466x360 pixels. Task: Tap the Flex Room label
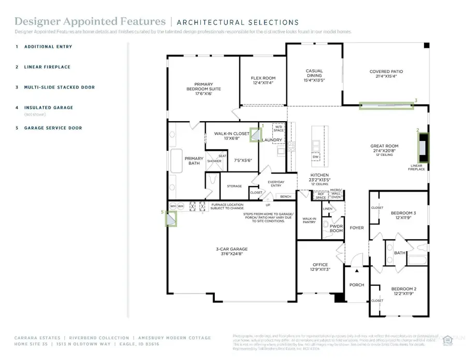click(263, 81)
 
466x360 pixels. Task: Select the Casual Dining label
click(315, 75)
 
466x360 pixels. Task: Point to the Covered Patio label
click(386, 74)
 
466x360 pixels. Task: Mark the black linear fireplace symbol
click(424, 148)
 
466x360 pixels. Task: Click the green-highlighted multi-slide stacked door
click(387, 106)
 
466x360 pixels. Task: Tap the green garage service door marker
click(171, 219)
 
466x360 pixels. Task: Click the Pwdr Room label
click(336, 228)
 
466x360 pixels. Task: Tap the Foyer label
click(357, 228)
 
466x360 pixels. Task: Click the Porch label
click(357, 285)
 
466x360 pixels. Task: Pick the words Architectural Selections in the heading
click(238, 22)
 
